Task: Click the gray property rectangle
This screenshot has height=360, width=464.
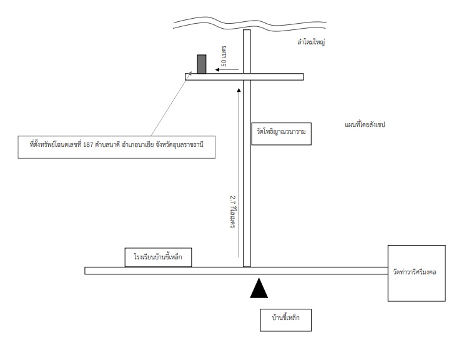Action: tap(202, 64)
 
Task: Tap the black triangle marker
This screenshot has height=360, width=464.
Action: tap(259, 288)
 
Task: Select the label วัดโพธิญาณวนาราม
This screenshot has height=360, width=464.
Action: tap(281, 131)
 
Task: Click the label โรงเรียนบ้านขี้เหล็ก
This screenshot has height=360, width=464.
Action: tap(158, 257)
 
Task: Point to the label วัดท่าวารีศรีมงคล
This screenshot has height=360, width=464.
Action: tap(414, 272)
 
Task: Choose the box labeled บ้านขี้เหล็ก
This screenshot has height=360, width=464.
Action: tap(285, 320)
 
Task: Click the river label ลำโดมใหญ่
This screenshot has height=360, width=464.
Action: tap(311, 42)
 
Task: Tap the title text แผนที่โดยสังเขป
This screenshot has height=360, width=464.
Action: tap(365, 124)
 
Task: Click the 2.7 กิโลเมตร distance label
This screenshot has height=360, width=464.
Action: tap(232, 211)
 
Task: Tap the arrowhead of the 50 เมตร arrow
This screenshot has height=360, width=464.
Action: tap(217, 70)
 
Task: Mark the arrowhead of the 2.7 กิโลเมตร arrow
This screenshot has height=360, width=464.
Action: tap(239, 89)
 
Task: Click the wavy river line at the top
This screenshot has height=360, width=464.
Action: tap(250, 23)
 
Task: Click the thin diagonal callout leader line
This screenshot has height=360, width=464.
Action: tap(171, 104)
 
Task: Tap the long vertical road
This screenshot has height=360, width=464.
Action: tap(247, 148)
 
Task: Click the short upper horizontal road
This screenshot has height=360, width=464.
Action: tap(244, 77)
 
